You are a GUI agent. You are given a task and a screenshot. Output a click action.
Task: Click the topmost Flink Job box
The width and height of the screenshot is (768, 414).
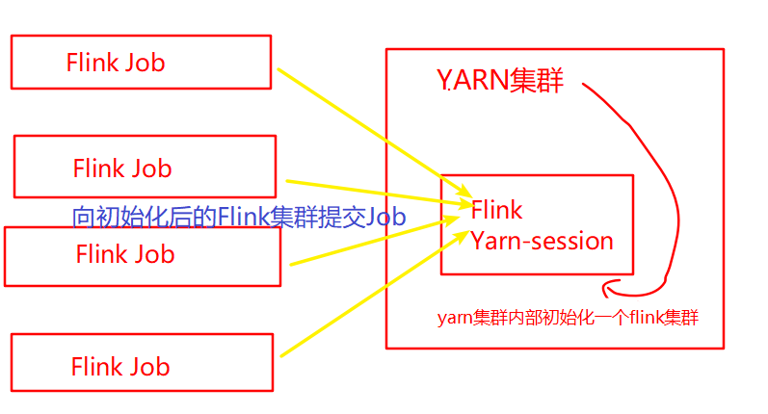click(141, 63)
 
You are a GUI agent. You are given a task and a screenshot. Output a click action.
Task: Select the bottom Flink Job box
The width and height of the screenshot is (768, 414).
click(142, 363)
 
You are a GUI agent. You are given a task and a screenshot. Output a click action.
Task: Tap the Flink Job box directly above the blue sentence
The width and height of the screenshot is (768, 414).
click(145, 166)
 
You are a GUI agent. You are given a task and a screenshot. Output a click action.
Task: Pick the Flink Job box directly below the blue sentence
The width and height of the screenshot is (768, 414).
click(143, 255)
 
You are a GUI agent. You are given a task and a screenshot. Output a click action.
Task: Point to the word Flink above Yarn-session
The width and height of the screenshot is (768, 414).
click(496, 210)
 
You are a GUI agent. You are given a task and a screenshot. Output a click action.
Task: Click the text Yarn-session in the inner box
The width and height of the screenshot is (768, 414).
click(542, 241)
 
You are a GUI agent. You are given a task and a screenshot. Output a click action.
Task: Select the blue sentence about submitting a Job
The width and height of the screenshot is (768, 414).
click(239, 217)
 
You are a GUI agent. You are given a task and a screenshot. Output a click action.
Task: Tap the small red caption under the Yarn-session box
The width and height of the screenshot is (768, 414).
click(568, 318)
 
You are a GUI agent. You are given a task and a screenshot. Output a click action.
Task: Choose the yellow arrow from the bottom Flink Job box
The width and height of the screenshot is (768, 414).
click(366, 288)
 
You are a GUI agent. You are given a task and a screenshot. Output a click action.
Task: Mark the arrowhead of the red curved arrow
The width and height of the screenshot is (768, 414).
click(607, 286)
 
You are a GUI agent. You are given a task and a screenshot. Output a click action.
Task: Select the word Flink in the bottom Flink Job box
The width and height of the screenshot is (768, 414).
click(94, 367)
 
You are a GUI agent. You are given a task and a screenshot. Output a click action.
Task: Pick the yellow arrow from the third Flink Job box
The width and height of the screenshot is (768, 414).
click(366, 244)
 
